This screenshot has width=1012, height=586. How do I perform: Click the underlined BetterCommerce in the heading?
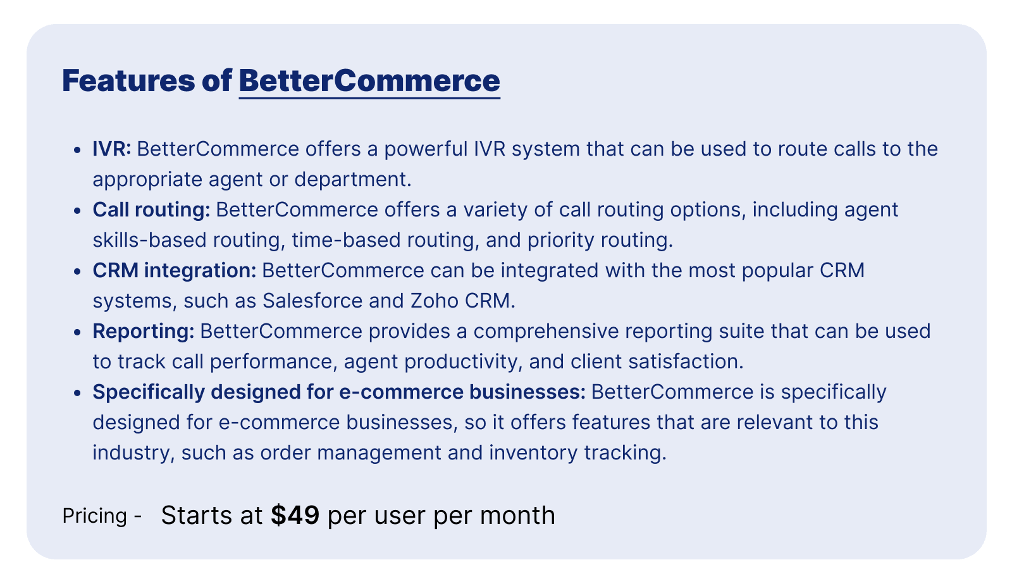tap(369, 81)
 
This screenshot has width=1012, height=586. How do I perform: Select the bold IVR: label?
tap(112, 149)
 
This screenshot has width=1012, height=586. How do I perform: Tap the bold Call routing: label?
tap(151, 210)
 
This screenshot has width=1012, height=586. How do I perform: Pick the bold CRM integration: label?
tap(175, 271)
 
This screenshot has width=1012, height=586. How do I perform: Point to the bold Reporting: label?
tap(144, 332)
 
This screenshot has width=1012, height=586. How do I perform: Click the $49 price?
tap(295, 516)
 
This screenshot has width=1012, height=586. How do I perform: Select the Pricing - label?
tap(102, 516)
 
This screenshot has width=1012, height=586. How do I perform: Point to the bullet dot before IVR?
tap(77, 150)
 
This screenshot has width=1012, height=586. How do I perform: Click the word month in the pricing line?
tap(517, 516)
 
